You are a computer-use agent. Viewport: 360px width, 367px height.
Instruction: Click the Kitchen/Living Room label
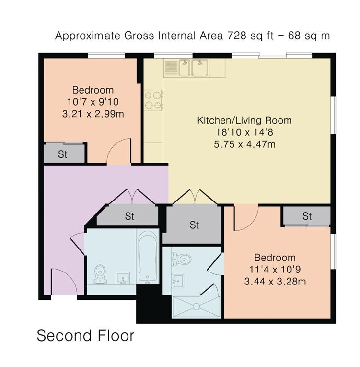point(244,120)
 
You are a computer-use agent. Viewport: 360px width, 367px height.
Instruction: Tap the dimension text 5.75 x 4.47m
point(244,144)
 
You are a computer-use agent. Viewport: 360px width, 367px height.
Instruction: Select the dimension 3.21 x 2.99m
point(93,114)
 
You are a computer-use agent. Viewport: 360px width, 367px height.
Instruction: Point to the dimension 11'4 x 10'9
point(275,270)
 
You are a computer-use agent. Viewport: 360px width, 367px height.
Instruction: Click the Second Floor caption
point(86,335)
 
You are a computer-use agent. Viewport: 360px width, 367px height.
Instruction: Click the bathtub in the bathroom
point(147,257)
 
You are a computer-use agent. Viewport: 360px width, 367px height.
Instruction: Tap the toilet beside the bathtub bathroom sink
point(100,274)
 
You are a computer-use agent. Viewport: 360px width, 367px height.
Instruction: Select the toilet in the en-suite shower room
point(182,260)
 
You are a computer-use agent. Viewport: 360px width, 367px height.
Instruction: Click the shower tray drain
point(196,307)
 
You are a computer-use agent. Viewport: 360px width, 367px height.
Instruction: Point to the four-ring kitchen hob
point(153,100)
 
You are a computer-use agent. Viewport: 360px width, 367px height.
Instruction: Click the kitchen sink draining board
point(172,68)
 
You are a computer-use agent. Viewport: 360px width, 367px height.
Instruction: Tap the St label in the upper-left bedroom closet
point(63,154)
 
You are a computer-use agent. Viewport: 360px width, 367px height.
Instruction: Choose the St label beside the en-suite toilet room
point(194,225)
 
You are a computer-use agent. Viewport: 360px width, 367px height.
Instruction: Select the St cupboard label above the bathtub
point(129,216)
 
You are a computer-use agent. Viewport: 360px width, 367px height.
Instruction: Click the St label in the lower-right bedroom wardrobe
point(307,216)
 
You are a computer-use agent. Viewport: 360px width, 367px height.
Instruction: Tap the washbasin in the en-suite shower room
point(177,281)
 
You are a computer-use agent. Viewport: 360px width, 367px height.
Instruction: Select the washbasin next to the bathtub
point(123,278)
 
